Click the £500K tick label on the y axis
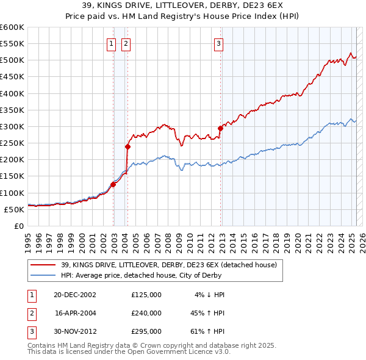pos(12,60)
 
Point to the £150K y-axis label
pos(12,176)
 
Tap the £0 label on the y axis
pos(20,226)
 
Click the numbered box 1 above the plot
pos(112,43)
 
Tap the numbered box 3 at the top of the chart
pos(218,43)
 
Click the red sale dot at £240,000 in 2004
pos(128,146)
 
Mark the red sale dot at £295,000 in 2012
pos(220,128)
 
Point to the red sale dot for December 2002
pos(113,184)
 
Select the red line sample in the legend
pos(43,265)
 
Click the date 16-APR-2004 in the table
pos(76,313)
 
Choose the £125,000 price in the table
pos(146,295)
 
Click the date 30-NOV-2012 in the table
pos(76,331)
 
